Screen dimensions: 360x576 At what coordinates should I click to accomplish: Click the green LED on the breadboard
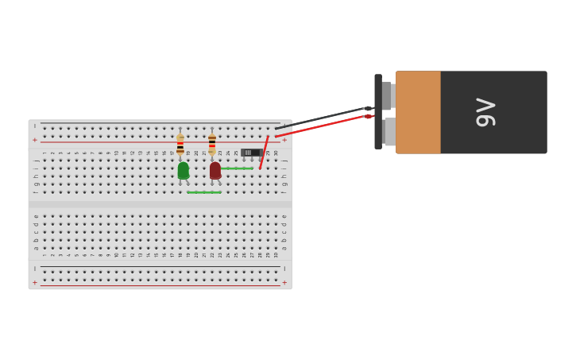click(x=183, y=170)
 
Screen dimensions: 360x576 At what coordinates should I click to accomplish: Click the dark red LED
click(x=215, y=170)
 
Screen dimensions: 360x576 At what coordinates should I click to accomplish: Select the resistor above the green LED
click(x=180, y=144)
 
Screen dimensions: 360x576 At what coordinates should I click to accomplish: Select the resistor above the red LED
click(x=212, y=143)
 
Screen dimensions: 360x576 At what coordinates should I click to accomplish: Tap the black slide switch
click(x=250, y=152)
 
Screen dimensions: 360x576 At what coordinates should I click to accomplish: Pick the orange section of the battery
click(x=418, y=112)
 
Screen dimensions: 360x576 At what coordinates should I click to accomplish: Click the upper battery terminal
click(x=386, y=95)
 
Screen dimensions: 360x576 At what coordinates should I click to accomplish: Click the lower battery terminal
click(x=388, y=131)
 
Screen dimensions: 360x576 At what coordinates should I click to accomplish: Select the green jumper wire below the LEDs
click(x=204, y=192)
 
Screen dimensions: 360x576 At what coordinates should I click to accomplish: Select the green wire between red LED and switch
click(x=236, y=168)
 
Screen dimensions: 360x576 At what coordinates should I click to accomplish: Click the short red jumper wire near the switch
click(x=264, y=152)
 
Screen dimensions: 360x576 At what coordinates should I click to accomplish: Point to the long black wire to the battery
click(x=318, y=118)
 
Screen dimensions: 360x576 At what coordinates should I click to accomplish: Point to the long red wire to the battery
click(x=326, y=125)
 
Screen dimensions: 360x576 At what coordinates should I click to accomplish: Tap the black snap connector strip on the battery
click(x=378, y=112)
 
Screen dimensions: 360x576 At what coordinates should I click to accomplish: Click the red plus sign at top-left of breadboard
click(x=34, y=140)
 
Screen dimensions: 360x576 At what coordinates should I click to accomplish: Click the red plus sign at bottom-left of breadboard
click(x=34, y=282)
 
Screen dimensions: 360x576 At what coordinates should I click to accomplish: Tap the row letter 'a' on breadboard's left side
click(x=36, y=248)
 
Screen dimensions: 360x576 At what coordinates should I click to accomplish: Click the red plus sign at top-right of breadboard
click(x=284, y=140)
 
